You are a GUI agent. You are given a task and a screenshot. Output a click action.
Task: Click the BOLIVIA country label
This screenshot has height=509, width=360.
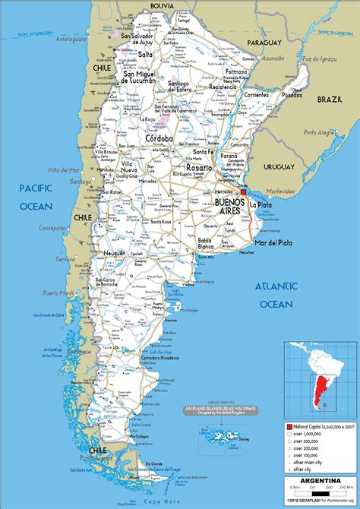[x=162, y=6]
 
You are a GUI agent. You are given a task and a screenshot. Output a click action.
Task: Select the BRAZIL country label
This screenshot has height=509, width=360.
[x=330, y=100]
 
